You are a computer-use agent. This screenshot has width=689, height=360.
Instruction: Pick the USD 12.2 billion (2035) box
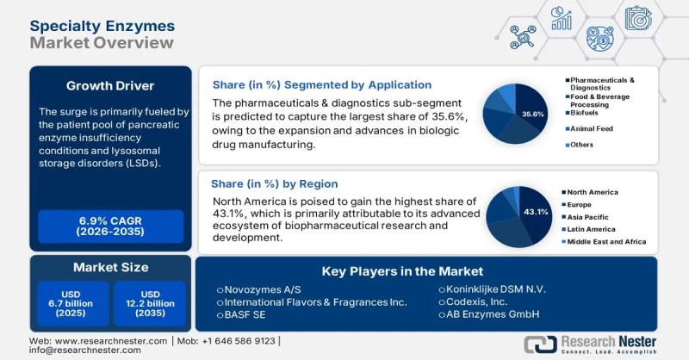149,303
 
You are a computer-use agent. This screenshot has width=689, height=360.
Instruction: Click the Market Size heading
110,267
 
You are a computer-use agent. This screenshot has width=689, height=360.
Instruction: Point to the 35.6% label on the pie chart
533,114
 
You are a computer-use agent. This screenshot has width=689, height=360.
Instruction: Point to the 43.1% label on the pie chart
536,212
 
